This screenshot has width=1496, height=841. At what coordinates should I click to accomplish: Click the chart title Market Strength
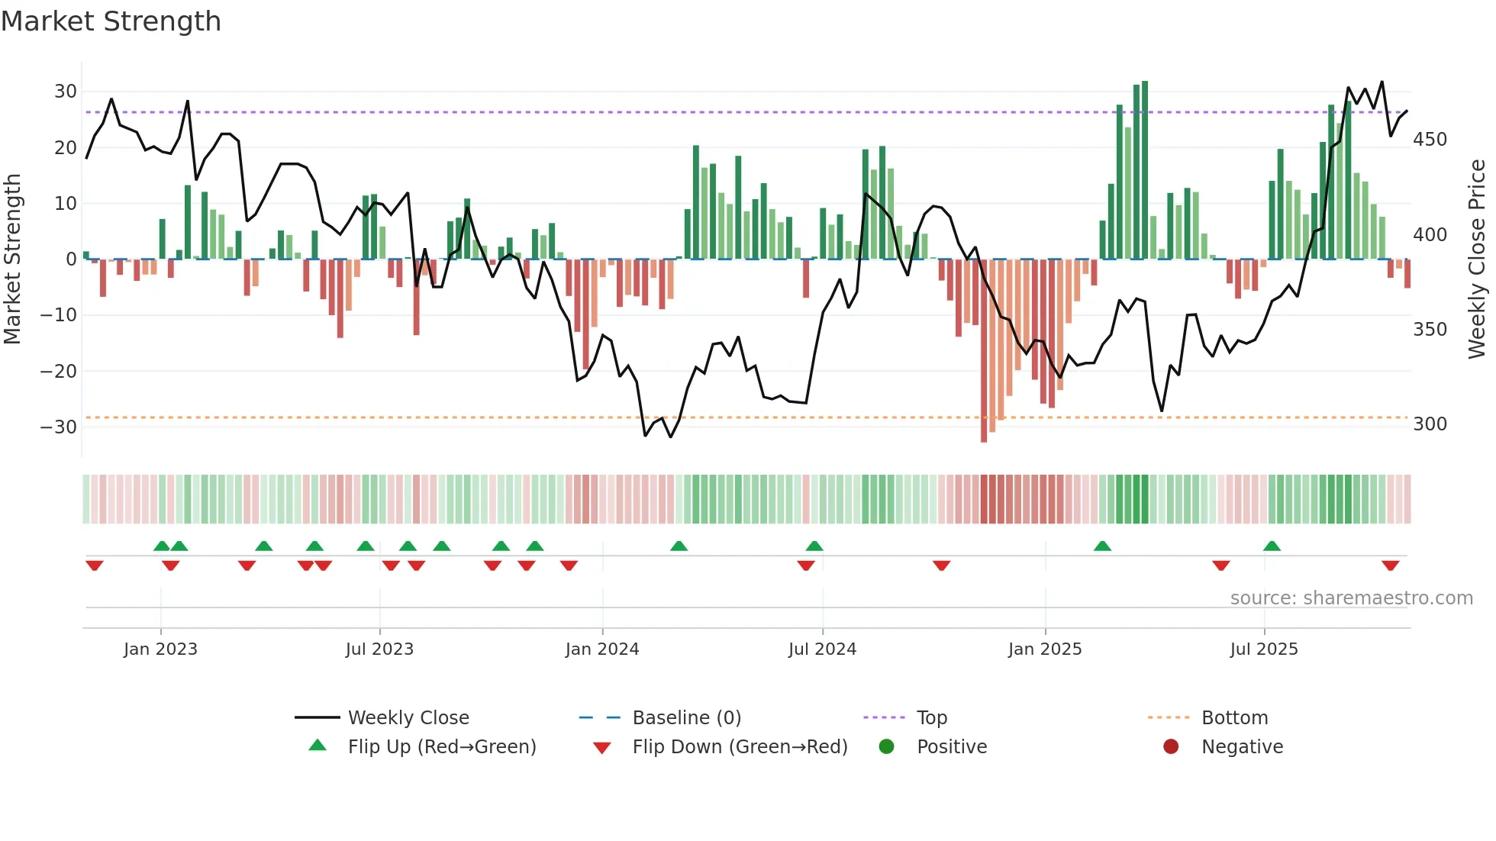(x=111, y=21)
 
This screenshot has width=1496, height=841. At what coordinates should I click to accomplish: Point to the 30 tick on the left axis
(x=65, y=92)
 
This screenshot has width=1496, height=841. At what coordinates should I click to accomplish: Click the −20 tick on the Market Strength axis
(x=58, y=371)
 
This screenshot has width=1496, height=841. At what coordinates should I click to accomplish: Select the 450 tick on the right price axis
(x=1430, y=140)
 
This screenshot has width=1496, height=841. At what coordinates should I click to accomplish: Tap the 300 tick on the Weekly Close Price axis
(x=1430, y=424)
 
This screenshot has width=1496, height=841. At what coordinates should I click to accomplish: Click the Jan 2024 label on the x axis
(x=601, y=649)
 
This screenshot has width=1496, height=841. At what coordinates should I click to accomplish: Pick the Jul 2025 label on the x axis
(x=1263, y=649)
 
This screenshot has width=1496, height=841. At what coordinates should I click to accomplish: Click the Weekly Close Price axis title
(x=1477, y=259)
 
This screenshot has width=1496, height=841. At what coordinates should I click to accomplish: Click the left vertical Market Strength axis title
(x=12, y=259)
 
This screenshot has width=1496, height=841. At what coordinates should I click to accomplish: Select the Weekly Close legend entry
(x=408, y=718)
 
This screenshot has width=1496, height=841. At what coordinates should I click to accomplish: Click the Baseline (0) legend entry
(x=686, y=718)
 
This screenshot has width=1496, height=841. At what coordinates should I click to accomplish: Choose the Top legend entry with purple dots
(x=931, y=718)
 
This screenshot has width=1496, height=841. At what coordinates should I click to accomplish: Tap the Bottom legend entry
(x=1233, y=718)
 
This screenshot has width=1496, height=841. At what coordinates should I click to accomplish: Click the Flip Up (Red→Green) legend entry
(x=441, y=747)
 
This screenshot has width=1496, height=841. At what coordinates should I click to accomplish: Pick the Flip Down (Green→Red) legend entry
(x=739, y=747)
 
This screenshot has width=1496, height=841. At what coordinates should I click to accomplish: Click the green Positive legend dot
(x=886, y=747)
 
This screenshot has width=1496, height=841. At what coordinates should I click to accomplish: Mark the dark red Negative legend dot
(x=1171, y=747)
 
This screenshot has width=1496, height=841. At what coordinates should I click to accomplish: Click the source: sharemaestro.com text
(x=1351, y=598)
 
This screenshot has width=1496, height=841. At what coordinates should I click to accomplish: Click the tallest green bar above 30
(x=1145, y=168)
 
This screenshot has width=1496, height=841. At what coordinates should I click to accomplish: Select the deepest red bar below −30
(x=984, y=351)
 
